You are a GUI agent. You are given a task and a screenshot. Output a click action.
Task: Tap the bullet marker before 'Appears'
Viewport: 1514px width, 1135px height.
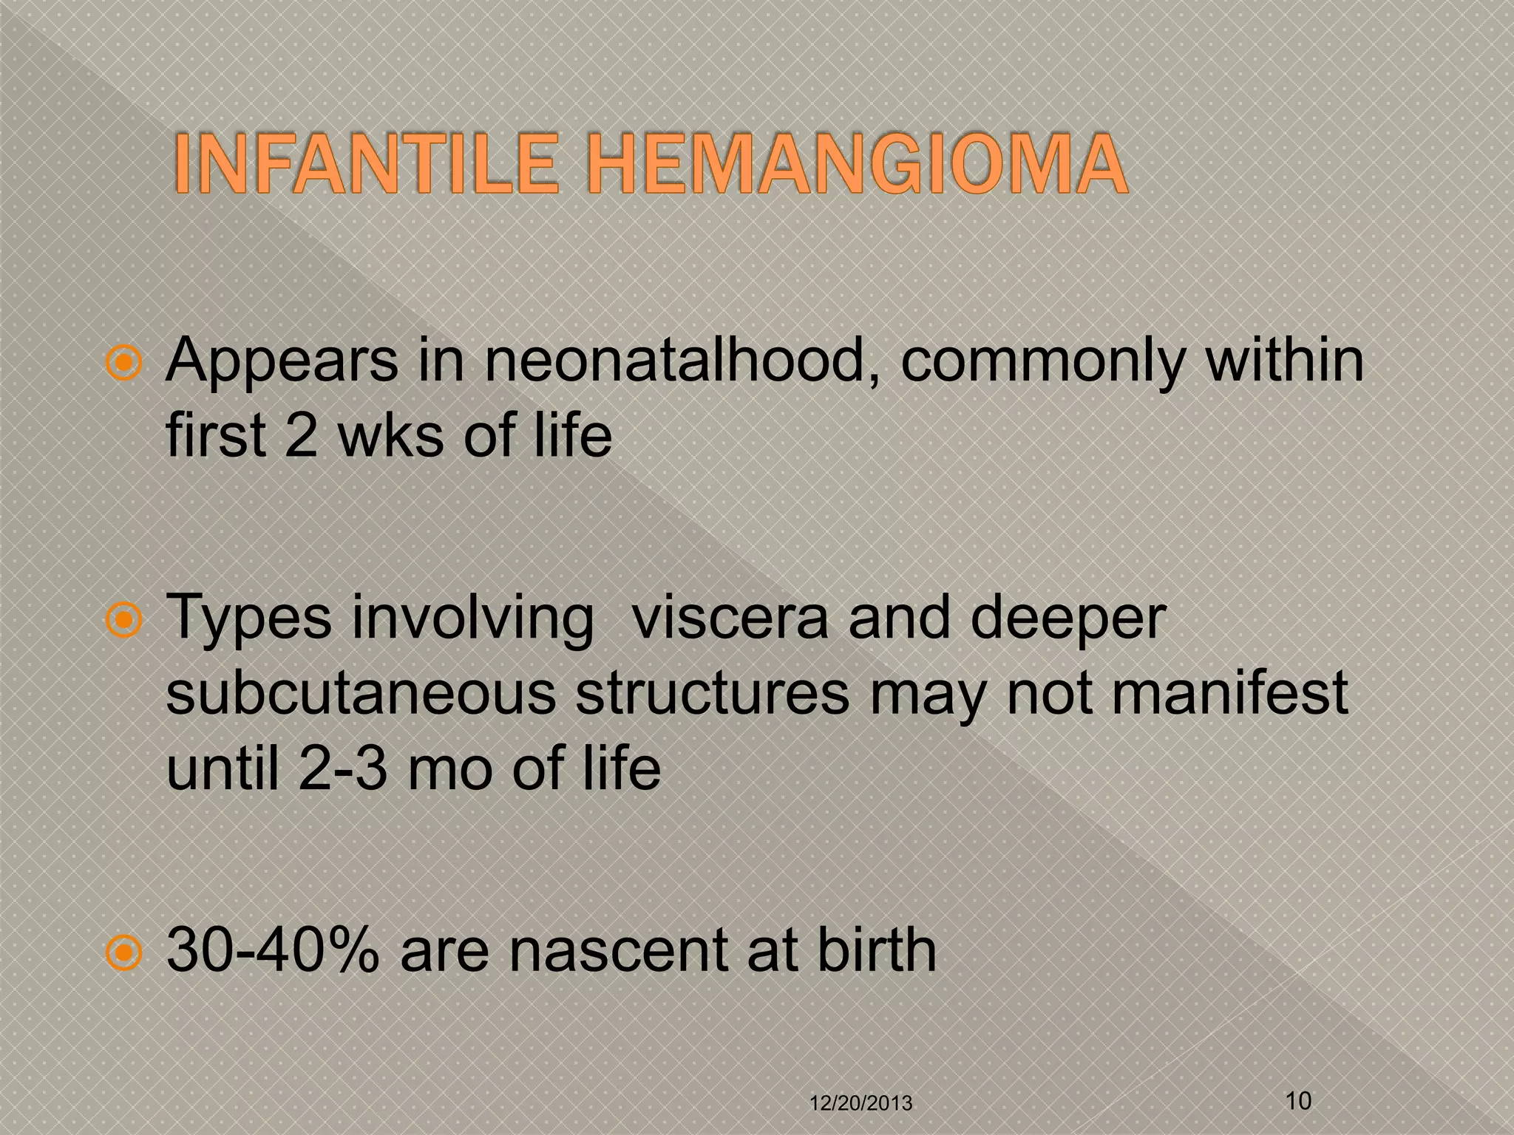point(123,364)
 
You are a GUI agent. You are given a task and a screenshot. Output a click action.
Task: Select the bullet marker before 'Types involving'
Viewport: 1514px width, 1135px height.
point(123,621)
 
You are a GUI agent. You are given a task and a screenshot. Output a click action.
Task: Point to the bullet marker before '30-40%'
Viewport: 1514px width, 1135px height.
point(123,952)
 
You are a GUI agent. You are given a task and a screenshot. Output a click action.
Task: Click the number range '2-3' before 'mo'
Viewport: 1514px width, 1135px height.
point(343,768)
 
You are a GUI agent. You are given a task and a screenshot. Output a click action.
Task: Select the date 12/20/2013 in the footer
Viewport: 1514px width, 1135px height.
point(861,1103)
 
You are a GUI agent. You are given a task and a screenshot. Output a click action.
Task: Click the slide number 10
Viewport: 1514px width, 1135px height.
point(1299,1100)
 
